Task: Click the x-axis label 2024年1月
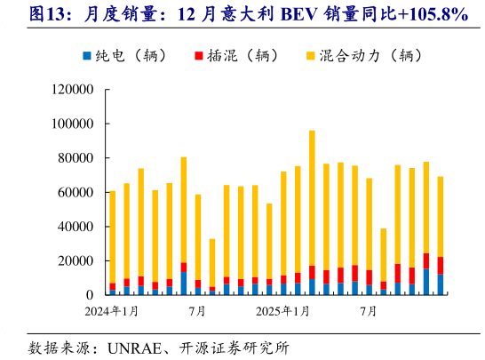113,311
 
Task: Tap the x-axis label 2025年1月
283,311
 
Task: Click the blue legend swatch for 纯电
87,55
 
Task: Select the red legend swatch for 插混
198,55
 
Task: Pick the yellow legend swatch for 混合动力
310,55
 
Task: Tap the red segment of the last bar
441,265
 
